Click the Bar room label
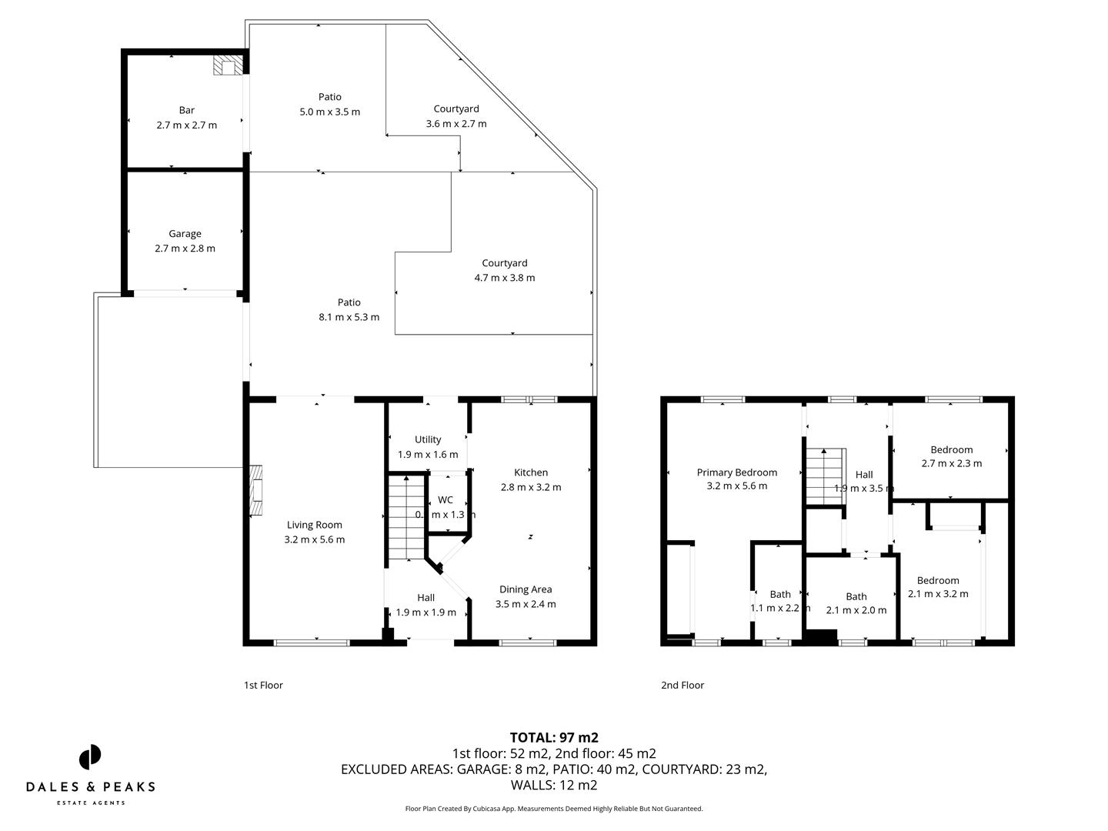[x=186, y=110]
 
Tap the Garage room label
[x=185, y=234]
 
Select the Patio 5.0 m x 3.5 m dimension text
[x=329, y=112]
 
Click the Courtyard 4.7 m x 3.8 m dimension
[x=504, y=278]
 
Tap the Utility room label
[x=428, y=439]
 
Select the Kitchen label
[x=531, y=472]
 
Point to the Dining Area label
[x=526, y=589]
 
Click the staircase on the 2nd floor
[x=826, y=477]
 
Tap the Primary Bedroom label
[x=736, y=472]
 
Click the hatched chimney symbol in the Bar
[x=227, y=65]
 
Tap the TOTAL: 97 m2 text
[x=554, y=737]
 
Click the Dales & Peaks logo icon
[x=90, y=756]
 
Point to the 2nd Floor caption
[x=682, y=685]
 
